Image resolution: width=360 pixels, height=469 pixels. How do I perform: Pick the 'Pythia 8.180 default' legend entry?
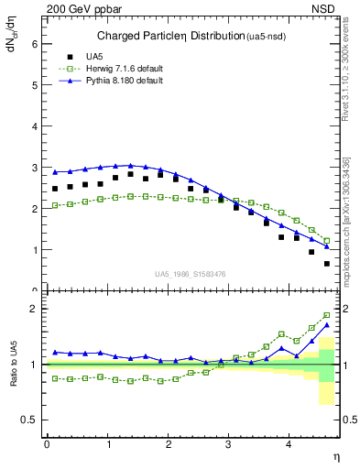119,82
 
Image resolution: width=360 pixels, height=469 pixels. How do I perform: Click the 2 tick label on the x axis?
169,444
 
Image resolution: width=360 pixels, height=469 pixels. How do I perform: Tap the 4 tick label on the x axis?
289,444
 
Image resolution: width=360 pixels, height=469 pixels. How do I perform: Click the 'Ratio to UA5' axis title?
16,365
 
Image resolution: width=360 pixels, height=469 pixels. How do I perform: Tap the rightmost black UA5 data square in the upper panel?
327,264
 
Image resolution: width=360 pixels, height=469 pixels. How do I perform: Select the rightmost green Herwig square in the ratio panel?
327,315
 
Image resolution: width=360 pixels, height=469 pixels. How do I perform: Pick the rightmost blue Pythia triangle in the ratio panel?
327,324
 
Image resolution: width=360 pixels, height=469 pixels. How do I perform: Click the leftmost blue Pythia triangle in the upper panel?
55,171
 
